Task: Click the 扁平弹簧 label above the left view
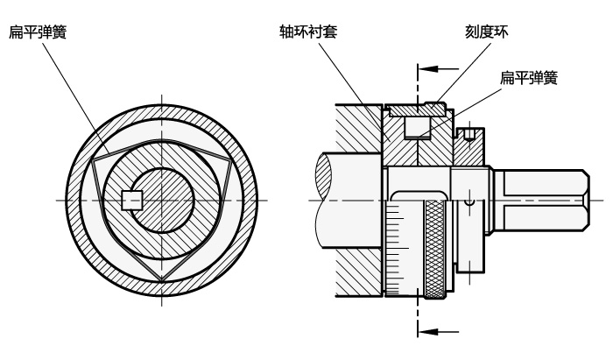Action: (38, 32)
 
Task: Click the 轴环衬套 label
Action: (308, 32)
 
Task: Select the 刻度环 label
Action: (486, 32)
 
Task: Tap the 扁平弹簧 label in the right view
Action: (529, 77)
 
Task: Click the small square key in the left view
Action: (131, 201)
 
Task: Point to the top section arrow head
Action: (426, 69)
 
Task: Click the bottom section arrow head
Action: (426, 332)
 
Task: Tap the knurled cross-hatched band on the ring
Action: (435, 249)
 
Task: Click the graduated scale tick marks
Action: (397, 248)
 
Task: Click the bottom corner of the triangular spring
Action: (161, 280)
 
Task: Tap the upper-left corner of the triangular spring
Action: (93, 160)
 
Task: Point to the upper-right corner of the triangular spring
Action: (230, 160)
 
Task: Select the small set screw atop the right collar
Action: (469, 135)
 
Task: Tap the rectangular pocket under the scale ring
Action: (417, 127)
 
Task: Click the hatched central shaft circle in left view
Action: (162, 201)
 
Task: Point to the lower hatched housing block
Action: (358, 272)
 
